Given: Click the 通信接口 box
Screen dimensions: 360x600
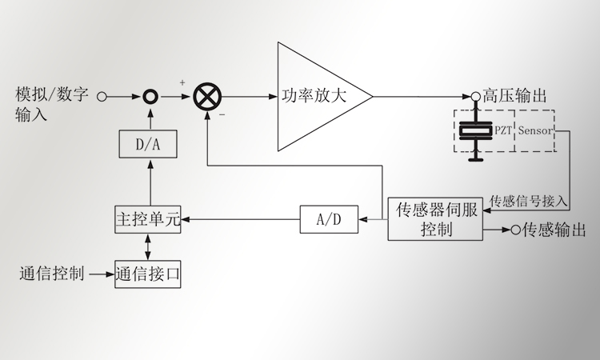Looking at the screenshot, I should coord(147,274).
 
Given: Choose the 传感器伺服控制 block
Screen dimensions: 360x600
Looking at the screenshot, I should coord(435,219).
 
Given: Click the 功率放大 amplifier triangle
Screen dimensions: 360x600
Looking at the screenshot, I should coord(316,96).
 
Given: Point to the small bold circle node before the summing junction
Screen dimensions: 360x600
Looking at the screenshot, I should coord(148,97).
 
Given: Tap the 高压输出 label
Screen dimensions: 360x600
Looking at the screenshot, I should coord(515,96).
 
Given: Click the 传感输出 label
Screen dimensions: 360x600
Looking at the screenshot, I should coord(554,230).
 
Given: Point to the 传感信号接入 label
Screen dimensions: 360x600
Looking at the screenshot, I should coord(528,200).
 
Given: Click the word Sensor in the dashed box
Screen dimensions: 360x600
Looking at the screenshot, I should coord(534,130).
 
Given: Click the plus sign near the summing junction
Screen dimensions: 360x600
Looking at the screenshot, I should coord(182,82).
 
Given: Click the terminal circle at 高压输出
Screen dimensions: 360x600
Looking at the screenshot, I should coord(475,96).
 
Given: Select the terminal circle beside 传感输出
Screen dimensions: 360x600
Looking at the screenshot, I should coord(515,230).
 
